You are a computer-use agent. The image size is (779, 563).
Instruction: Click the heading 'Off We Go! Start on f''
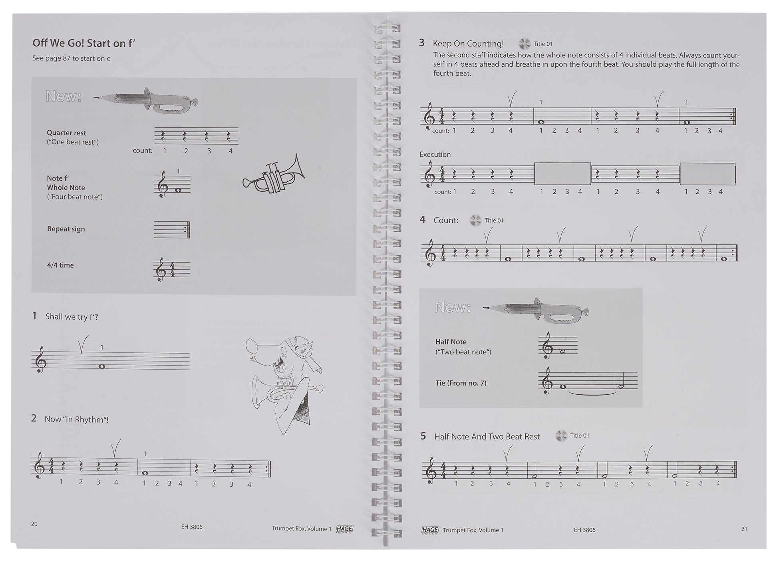tap(84, 43)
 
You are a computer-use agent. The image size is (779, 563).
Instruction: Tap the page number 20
tap(34, 524)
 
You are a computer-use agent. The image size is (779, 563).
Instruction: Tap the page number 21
tap(744, 529)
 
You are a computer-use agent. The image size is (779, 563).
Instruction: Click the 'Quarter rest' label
tap(66, 133)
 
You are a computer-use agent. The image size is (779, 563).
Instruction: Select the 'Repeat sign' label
tap(66, 229)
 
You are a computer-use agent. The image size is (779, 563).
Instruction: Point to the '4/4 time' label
tap(60, 265)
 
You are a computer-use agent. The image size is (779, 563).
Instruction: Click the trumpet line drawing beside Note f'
tap(274, 176)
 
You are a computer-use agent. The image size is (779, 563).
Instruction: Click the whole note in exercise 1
tap(102, 366)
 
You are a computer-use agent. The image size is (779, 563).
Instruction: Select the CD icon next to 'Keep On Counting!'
tap(524, 44)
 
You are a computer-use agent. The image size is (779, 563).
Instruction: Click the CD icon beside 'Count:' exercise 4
tap(475, 220)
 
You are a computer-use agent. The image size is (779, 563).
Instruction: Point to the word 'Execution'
tap(435, 154)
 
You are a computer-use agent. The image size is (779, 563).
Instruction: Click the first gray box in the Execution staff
tap(562, 174)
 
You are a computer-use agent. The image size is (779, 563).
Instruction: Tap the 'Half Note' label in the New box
tap(451, 342)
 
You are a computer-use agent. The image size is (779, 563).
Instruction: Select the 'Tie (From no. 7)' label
tap(461, 383)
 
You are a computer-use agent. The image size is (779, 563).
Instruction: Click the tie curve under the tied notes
tap(591, 394)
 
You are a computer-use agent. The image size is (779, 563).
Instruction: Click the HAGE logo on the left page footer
tap(344, 529)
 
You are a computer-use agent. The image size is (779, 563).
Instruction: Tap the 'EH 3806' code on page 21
tap(584, 530)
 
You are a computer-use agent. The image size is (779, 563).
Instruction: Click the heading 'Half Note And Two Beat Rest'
tap(487, 436)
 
